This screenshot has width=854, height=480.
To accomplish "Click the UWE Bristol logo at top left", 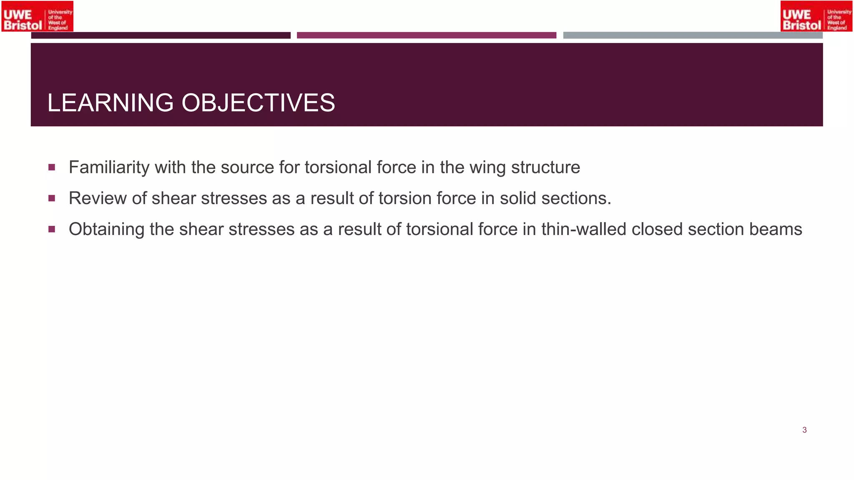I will (x=38, y=16).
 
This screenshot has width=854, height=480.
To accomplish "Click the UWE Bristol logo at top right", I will (x=816, y=16).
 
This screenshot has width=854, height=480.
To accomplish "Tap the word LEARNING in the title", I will (x=110, y=103).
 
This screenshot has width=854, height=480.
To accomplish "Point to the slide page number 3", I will (x=804, y=430).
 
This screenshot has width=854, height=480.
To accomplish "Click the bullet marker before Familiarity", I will (x=52, y=167).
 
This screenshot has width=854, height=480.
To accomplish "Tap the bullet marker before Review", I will (x=52, y=198).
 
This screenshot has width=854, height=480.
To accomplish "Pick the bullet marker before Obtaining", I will (x=52, y=229).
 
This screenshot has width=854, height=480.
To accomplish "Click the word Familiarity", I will (x=109, y=167).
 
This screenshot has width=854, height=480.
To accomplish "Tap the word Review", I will (x=98, y=198).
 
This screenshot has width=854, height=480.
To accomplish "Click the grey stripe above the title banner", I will (x=693, y=35).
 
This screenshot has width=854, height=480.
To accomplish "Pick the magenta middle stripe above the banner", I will (x=426, y=35).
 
